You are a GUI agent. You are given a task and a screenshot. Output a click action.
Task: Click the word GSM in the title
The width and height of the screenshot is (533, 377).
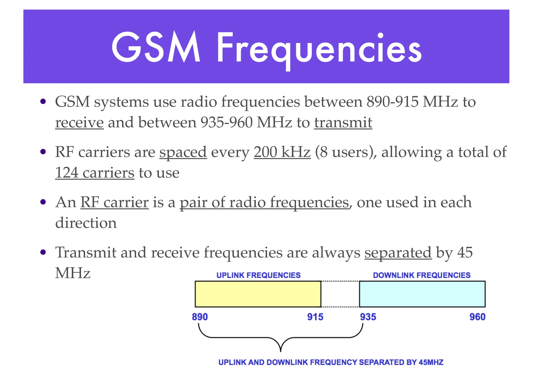point(156,47)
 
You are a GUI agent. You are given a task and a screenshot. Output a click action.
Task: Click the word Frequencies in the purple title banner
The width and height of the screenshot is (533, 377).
point(319,49)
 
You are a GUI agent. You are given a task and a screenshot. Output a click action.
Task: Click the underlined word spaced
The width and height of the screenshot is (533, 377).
point(183,152)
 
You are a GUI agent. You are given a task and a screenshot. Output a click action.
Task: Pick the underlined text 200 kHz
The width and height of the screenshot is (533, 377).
point(282,152)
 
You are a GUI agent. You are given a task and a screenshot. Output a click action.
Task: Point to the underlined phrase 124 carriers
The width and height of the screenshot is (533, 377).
point(95,173)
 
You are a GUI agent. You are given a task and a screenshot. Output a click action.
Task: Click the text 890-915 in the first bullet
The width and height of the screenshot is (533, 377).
point(392,102)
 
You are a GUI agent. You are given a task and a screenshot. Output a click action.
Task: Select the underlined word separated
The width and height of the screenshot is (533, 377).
point(398,253)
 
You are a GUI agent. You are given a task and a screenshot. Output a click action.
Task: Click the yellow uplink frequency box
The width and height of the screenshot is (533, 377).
point(258,294)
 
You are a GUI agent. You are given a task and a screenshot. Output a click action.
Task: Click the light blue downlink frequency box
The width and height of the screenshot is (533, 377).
point(422,294)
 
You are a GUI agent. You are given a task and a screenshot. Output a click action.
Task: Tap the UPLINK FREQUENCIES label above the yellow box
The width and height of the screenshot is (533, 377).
point(258,275)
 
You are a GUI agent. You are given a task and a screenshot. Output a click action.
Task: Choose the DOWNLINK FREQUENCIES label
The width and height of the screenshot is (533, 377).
point(422,275)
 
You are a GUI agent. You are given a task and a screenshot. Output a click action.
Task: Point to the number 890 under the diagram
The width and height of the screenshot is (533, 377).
point(200,317)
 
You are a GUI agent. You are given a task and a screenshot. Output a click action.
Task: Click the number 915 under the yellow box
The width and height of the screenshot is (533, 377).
point(315,317)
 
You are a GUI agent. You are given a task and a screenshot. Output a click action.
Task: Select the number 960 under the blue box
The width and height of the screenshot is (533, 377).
point(477,317)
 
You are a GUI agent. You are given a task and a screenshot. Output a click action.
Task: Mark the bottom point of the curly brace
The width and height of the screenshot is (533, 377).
point(281,351)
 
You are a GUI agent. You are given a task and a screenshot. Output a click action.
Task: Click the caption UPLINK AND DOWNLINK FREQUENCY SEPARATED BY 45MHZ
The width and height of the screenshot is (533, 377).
point(331,362)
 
